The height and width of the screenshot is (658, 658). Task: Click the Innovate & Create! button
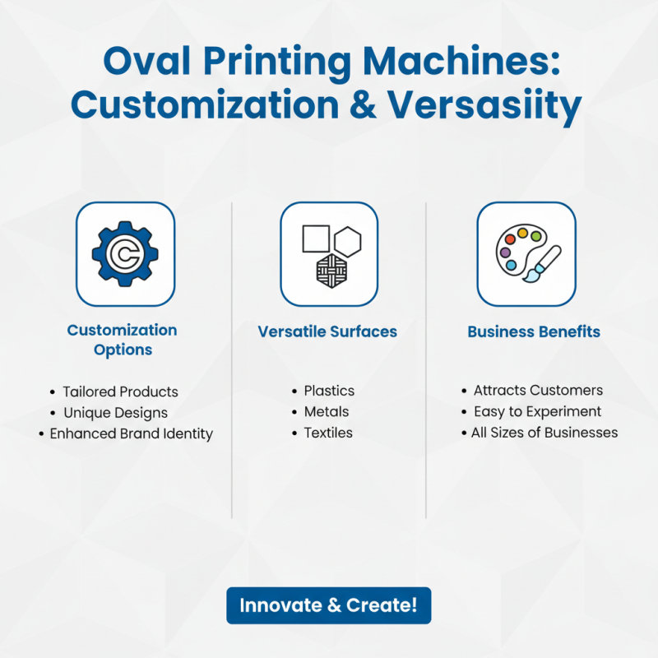[329, 605]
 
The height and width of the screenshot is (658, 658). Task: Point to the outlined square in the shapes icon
[316, 239]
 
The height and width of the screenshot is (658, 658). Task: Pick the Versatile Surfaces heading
[327, 332]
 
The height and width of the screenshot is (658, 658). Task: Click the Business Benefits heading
[534, 332]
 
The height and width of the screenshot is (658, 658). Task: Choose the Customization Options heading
[122, 340]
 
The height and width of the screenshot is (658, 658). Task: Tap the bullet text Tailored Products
[120, 392]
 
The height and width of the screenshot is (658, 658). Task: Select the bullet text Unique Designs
[115, 413]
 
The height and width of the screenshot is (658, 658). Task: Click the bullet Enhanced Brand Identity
[131, 433]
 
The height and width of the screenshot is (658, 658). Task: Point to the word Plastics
[329, 391]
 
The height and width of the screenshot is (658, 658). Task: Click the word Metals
[327, 412]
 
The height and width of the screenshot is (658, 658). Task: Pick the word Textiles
[328, 433]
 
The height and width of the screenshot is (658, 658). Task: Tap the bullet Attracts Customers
[538, 391]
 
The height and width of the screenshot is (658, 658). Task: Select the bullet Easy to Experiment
[537, 411]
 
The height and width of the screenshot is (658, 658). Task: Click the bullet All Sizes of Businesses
[544, 433]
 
